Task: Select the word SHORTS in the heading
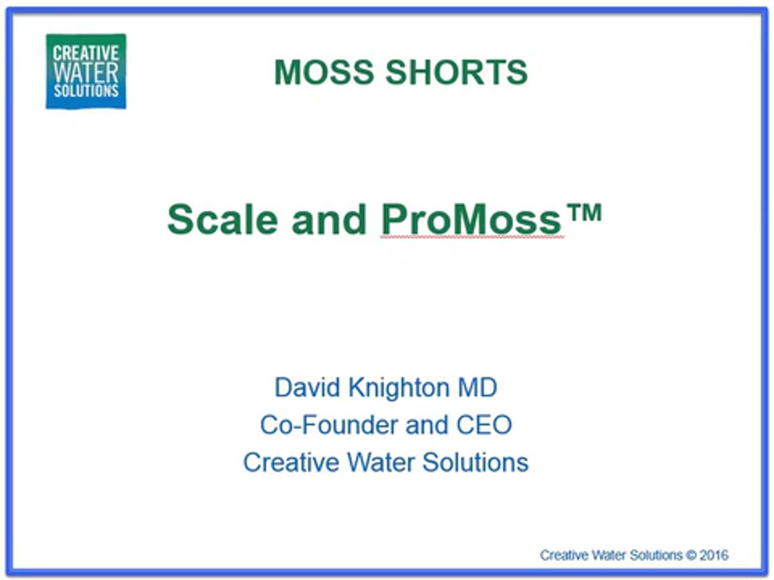pyautogui.click(x=457, y=72)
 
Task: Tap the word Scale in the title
pyautogui.click(x=223, y=219)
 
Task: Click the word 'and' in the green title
pyautogui.click(x=329, y=219)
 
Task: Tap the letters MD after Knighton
pyautogui.click(x=478, y=387)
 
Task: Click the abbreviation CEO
pyautogui.click(x=484, y=425)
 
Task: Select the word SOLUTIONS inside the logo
pyautogui.click(x=86, y=91)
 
